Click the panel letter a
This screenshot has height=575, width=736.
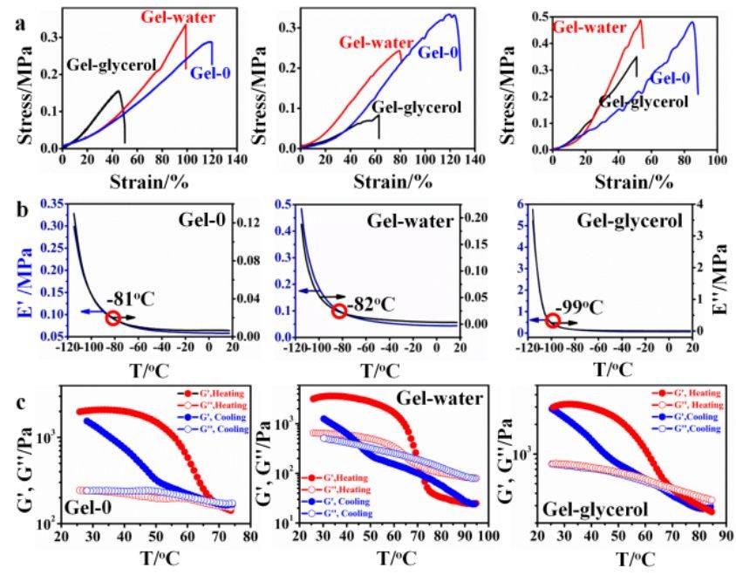(x=20, y=24)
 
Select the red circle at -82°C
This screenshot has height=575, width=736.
(x=339, y=310)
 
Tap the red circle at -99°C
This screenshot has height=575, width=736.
(x=552, y=320)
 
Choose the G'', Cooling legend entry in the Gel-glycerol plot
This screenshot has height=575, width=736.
(x=688, y=429)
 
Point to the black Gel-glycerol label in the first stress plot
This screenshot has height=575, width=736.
(x=112, y=65)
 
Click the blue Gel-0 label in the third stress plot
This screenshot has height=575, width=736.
(x=671, y=79)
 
